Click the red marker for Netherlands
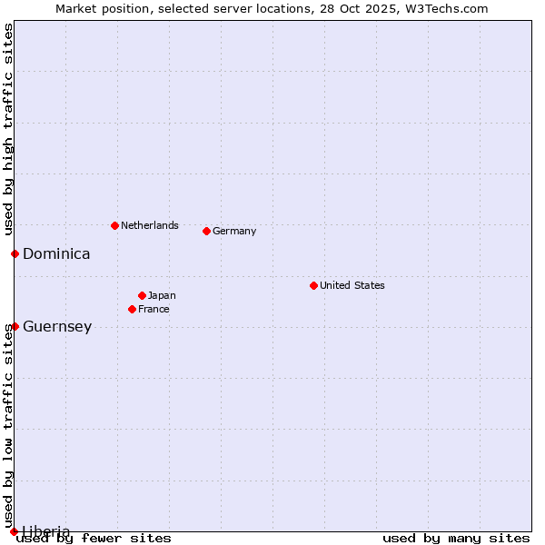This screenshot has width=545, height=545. coord(114,225)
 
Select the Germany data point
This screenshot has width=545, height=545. coord(206,231)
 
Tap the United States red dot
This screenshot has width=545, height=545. coord(313,285)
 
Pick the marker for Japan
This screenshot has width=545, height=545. coord(142,295)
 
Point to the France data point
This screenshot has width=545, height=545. coord(132,309)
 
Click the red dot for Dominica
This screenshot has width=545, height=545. coord(15,253)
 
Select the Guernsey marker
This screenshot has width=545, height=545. coord(15,326)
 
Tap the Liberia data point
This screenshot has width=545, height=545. coord(14,531)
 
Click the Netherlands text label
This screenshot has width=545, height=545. coord(150,225)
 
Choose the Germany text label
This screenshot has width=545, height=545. coord(234,231)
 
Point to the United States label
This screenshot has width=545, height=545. coord(352,285)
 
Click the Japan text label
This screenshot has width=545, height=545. coord(162,295)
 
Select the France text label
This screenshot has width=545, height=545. coord(154,309)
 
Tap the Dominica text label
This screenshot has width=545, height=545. coord(56,254)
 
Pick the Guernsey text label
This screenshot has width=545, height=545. coord(57,327)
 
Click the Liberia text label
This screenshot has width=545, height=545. coord(46,531)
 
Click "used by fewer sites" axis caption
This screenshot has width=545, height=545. coord(94,538)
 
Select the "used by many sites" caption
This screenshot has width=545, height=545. coord(456,538)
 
